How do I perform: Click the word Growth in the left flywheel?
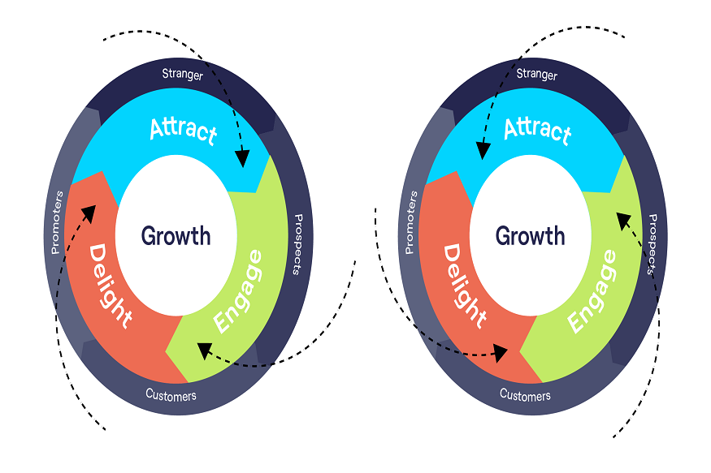tap(176, 236)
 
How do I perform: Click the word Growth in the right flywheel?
tap(530, 236)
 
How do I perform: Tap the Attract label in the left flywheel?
tap(184, 131)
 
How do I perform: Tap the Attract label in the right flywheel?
tap(537, 129)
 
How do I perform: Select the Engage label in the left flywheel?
tap(239, 291)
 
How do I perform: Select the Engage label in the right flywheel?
tap(592, 291)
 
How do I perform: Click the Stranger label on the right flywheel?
tap(536, 75)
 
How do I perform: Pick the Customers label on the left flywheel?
tap(171, 396)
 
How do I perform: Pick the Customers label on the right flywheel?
tap(525, 395)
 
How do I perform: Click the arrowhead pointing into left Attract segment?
tap(241, 160)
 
